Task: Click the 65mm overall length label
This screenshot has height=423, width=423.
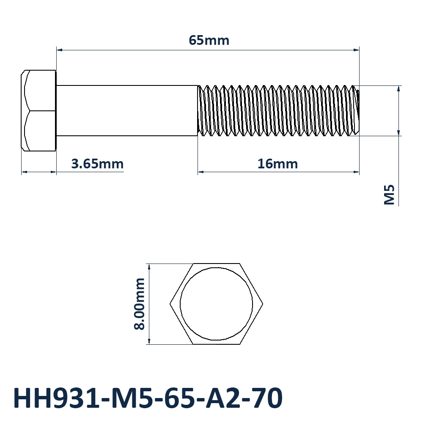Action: [x=209, y=41]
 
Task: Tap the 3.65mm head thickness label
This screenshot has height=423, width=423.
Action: [x=97, y=164]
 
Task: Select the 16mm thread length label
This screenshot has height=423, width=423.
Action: [x=277, y=164]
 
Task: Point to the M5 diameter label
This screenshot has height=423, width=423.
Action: [x=389, y=195]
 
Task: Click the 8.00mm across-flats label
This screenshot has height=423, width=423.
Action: [x=140, y=304]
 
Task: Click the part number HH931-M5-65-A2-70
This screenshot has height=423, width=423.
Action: [x=148, y=398]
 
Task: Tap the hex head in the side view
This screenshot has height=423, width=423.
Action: [x=38, y=110]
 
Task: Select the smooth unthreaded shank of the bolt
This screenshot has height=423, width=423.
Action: [x=127, y=110]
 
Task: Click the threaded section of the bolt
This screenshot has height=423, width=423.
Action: [x=278, y=110]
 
